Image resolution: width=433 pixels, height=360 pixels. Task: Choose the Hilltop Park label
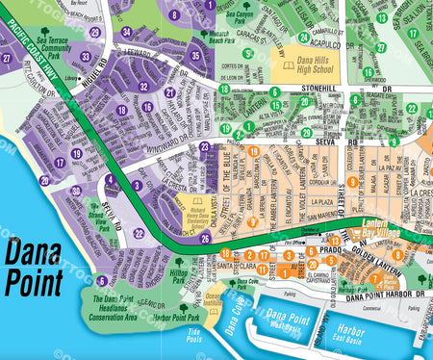[x=179, y=276]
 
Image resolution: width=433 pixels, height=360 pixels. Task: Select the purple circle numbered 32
[x=144, y=87]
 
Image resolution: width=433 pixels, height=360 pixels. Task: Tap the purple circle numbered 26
[x=204, y=239]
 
